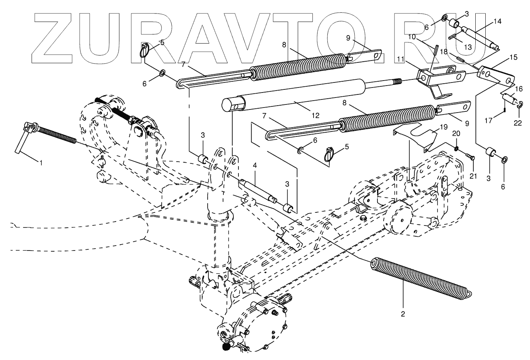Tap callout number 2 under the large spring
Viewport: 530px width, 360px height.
[x=403, y=314]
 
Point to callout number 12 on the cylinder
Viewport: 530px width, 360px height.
[x=315, y=115]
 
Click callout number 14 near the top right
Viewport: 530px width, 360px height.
[x=497, y=22]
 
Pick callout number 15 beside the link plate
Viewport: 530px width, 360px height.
[x=513, y=57]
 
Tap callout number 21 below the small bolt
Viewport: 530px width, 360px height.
[x=473, y=176]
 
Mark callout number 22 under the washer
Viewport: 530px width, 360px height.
[x=519, y=123]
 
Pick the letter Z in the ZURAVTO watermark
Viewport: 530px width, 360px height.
[x=54, y=39]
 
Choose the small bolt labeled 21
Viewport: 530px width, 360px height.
[x=470, y=156]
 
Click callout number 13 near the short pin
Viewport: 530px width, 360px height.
[x=467, y=47]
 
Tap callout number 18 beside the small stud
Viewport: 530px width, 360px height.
[x=444, y=52]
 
